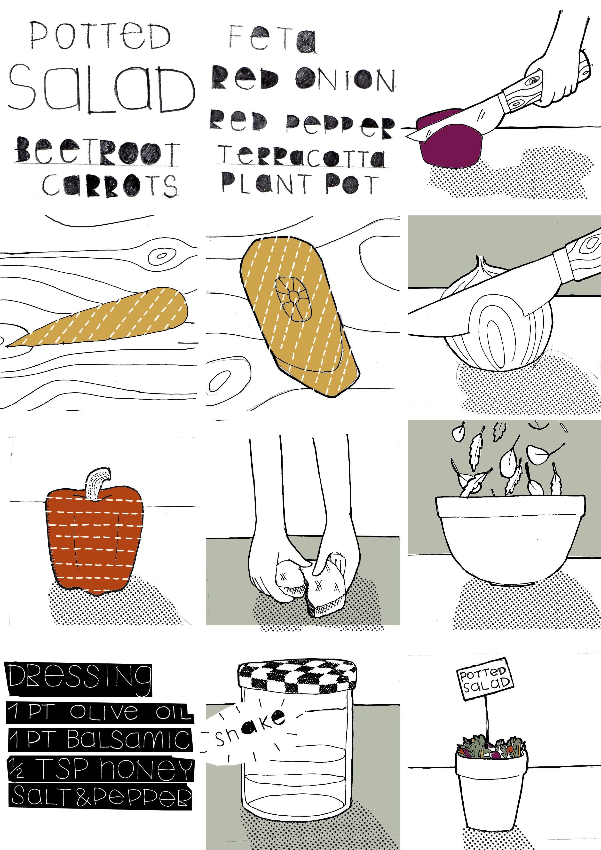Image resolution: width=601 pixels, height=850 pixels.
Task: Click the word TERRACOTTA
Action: (x=301, y=157)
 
